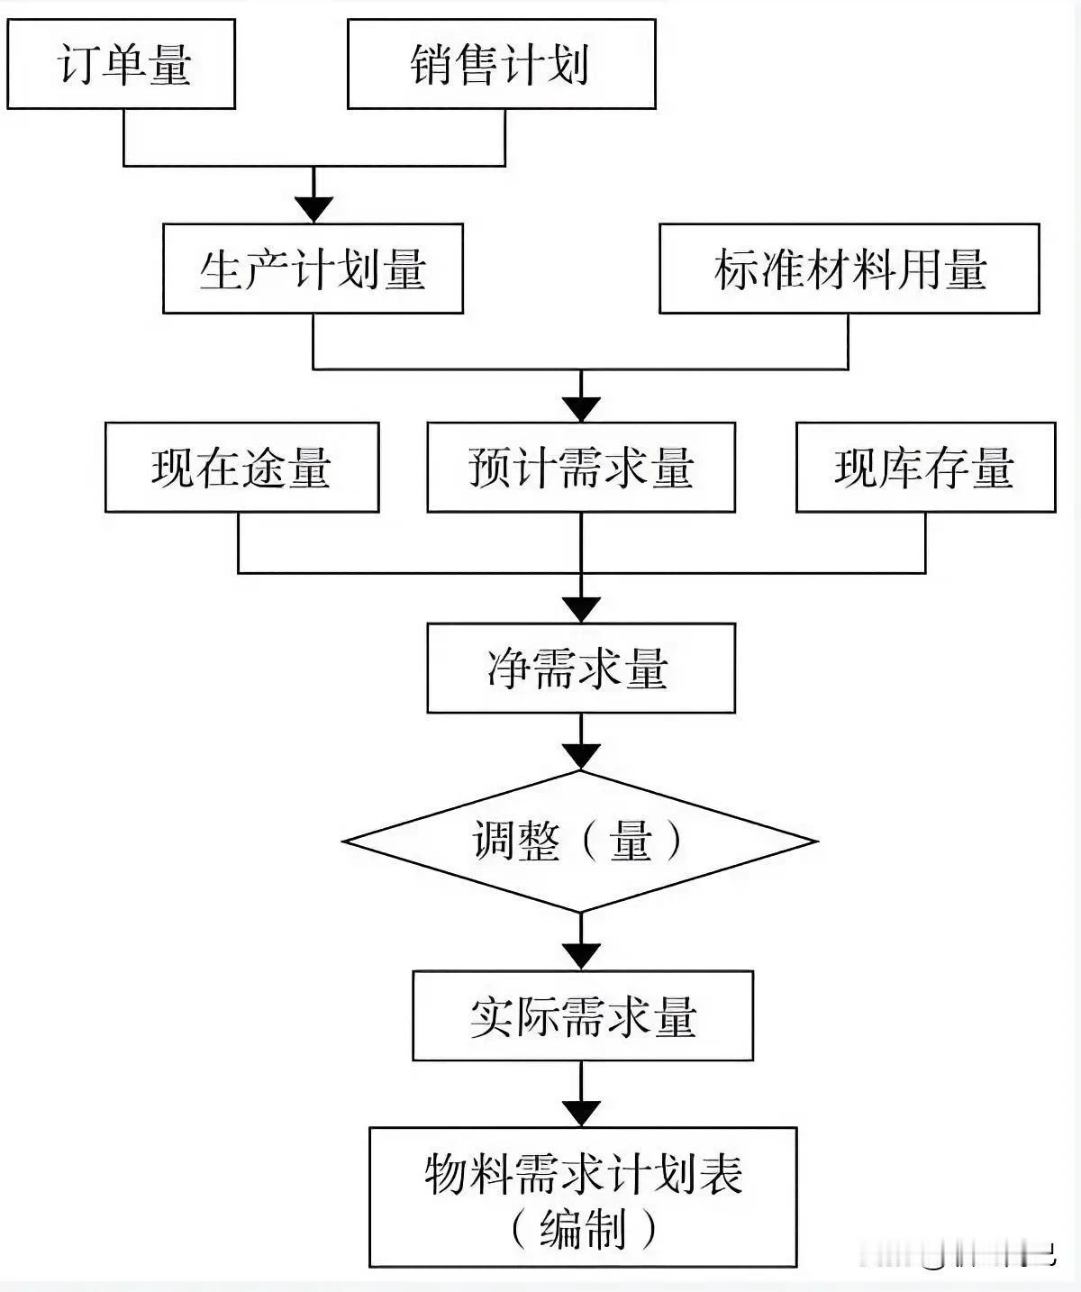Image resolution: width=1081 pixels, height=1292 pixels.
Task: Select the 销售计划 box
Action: [501, 65]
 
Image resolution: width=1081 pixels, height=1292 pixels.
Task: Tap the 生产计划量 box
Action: [313, 269]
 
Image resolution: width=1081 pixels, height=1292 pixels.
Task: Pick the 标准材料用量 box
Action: [849, 269]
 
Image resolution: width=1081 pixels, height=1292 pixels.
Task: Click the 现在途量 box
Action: [241, 468]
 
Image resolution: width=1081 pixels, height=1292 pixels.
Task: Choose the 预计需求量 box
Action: [581, 468]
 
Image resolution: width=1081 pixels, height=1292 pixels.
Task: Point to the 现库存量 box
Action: [925, 468]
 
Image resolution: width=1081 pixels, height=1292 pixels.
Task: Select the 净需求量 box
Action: [581, 669]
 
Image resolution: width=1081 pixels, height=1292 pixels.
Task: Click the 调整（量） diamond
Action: [580, 842]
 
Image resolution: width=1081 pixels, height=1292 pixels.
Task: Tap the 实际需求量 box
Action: [583, 1015]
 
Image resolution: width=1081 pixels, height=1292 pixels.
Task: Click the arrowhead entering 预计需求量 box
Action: [581, 409]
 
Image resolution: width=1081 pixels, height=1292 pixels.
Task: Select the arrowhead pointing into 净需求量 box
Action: [581, 609]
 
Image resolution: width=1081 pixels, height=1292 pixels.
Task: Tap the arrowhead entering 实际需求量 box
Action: [581, 955]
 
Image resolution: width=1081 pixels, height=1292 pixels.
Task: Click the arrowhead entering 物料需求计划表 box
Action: [581, 1113]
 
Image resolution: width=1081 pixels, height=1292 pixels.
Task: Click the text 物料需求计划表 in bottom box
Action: [583, 1174]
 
